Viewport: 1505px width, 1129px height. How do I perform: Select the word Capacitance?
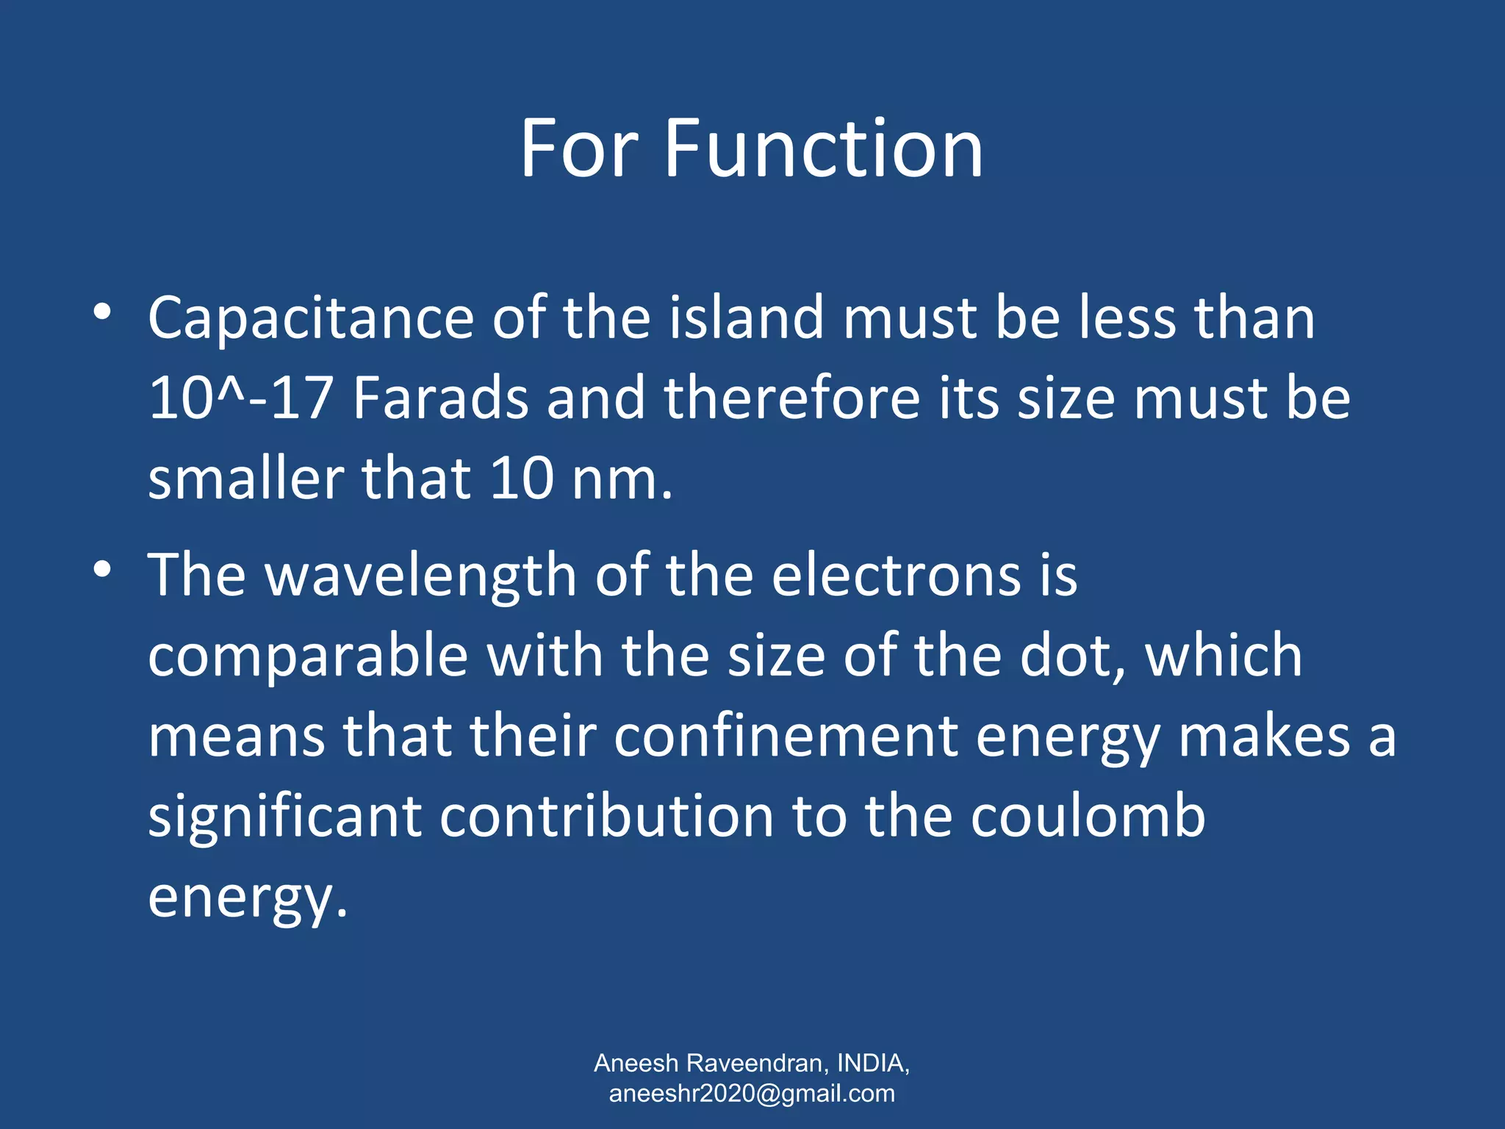point(311,318)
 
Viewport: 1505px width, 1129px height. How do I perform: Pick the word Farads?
point(441,398)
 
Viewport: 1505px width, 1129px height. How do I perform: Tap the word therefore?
point(792,398)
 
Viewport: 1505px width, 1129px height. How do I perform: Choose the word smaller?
point(245,479)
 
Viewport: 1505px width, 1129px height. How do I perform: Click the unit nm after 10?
point(614,479)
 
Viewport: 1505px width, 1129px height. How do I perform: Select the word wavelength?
point(420,575)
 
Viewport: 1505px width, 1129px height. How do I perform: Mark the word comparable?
point(308,656)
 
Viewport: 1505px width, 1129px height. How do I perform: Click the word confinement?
point(786,736)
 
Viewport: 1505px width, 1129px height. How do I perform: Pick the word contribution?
point(606,817)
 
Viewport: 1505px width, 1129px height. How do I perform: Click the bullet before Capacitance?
point(102,312)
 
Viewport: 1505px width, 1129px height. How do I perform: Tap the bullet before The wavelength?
point(102,569)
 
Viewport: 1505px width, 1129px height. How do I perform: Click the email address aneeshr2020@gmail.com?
point(752,1093)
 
